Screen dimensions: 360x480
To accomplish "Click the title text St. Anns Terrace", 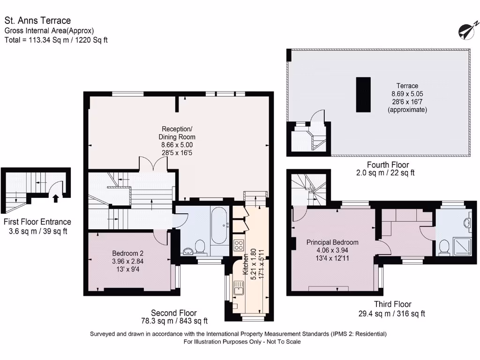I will click(37, 21).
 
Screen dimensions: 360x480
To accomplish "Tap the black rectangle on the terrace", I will click(363, 95).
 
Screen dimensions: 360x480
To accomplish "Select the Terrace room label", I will click(407, 86).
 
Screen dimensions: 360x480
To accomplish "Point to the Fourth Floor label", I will click(388, 165).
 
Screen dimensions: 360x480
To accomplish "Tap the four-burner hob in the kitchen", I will click(238, 245).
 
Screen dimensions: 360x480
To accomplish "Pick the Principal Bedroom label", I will click(332, 242).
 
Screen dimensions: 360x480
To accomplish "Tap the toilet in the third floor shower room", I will click(443, 247).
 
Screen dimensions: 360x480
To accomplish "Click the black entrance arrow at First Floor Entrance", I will click(56, 198).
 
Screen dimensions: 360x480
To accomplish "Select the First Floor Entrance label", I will click(37, 222).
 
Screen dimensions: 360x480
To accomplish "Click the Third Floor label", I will click(392, 304).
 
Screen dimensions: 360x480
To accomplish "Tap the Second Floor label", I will click(173, 313).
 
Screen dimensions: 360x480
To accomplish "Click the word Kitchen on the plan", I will click(245, 265).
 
